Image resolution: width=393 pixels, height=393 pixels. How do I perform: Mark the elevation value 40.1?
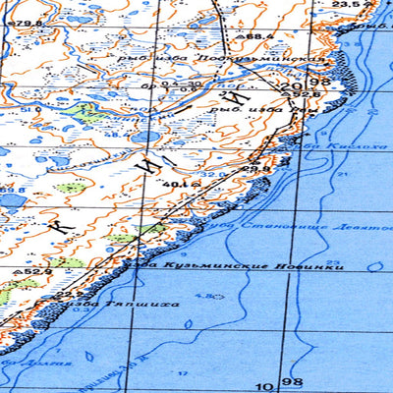coord(177,183)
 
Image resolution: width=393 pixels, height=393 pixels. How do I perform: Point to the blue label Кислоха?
coord(350,144)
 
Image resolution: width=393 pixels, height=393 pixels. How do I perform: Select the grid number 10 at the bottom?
coord(264,384)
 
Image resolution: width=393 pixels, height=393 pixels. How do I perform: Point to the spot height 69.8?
coord(12,190)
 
